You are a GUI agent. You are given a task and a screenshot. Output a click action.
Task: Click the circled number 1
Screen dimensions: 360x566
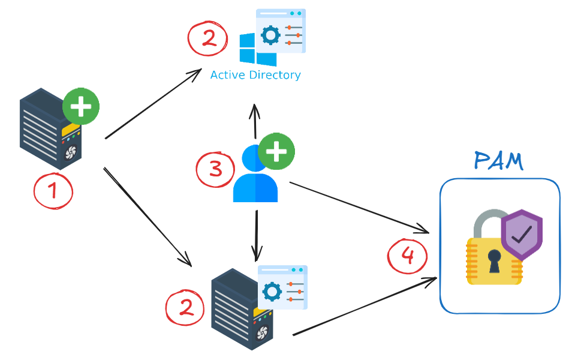click(x=53, y=191)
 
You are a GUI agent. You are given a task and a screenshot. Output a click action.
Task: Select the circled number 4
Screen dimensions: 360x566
click(x=407, y=256)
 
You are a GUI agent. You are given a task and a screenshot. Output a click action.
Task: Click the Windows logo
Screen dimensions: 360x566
click(x=257, y=49)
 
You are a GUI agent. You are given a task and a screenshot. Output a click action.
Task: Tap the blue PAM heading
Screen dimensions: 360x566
click(x=498, y=161)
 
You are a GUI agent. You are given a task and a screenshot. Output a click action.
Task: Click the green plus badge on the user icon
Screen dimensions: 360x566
click(x=276, y=151)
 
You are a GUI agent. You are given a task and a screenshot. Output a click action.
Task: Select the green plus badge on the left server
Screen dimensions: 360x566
click(x=81, y=107)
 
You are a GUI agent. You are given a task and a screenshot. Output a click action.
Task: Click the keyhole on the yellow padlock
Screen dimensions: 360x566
click(x=494, y=260)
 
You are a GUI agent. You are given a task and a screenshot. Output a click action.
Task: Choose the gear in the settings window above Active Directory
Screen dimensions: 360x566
click(x=270, y=35)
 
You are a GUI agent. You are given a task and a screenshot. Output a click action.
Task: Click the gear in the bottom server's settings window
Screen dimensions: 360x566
click(x=272, y=292)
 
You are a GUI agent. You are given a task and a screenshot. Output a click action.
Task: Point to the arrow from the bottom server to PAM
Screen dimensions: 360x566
click(x=363, y=307)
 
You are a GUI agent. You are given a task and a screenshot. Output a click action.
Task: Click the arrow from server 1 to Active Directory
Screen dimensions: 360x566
click(x=153, y=104)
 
